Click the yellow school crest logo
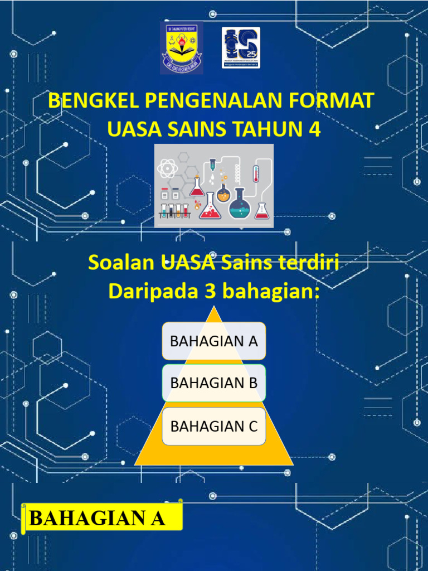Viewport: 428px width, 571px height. [181, 48]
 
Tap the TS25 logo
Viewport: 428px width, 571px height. [241, 47]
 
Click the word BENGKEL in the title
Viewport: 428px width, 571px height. [93, 101]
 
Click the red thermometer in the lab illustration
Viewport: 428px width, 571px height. [256, 173]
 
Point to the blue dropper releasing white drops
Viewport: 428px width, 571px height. [212, 168]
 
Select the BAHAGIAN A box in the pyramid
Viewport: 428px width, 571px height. [214, 341]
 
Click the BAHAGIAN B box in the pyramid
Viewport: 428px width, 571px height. [214, 383]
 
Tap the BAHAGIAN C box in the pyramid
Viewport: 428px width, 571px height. [214, 426]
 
